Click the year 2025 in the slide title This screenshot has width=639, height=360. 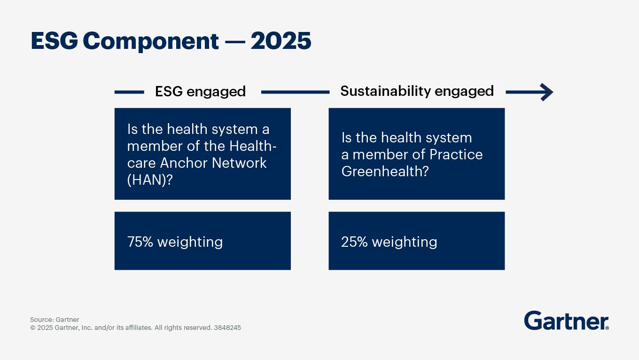(x=281, y=41)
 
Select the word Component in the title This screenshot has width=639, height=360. (x=151, y=41)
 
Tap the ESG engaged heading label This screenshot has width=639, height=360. (x=200, y=91)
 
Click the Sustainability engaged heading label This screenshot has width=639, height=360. (x=417, y=91)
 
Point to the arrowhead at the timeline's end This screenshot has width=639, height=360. (x=546, y=92)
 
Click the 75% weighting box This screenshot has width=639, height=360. (x=203, y=241)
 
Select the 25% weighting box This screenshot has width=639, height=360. (x=416, y=241)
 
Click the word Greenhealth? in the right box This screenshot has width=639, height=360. (x=385, y=172)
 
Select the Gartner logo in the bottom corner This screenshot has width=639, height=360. (x=566, y=321)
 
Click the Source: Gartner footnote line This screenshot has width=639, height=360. (x=55, y=320)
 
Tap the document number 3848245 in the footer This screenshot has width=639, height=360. (x=227, y=328)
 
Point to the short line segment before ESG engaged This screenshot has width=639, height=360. (x=129, y=93)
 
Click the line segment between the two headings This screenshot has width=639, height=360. (x=295, y=93)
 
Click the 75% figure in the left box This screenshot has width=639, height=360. (x=140, y=242)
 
